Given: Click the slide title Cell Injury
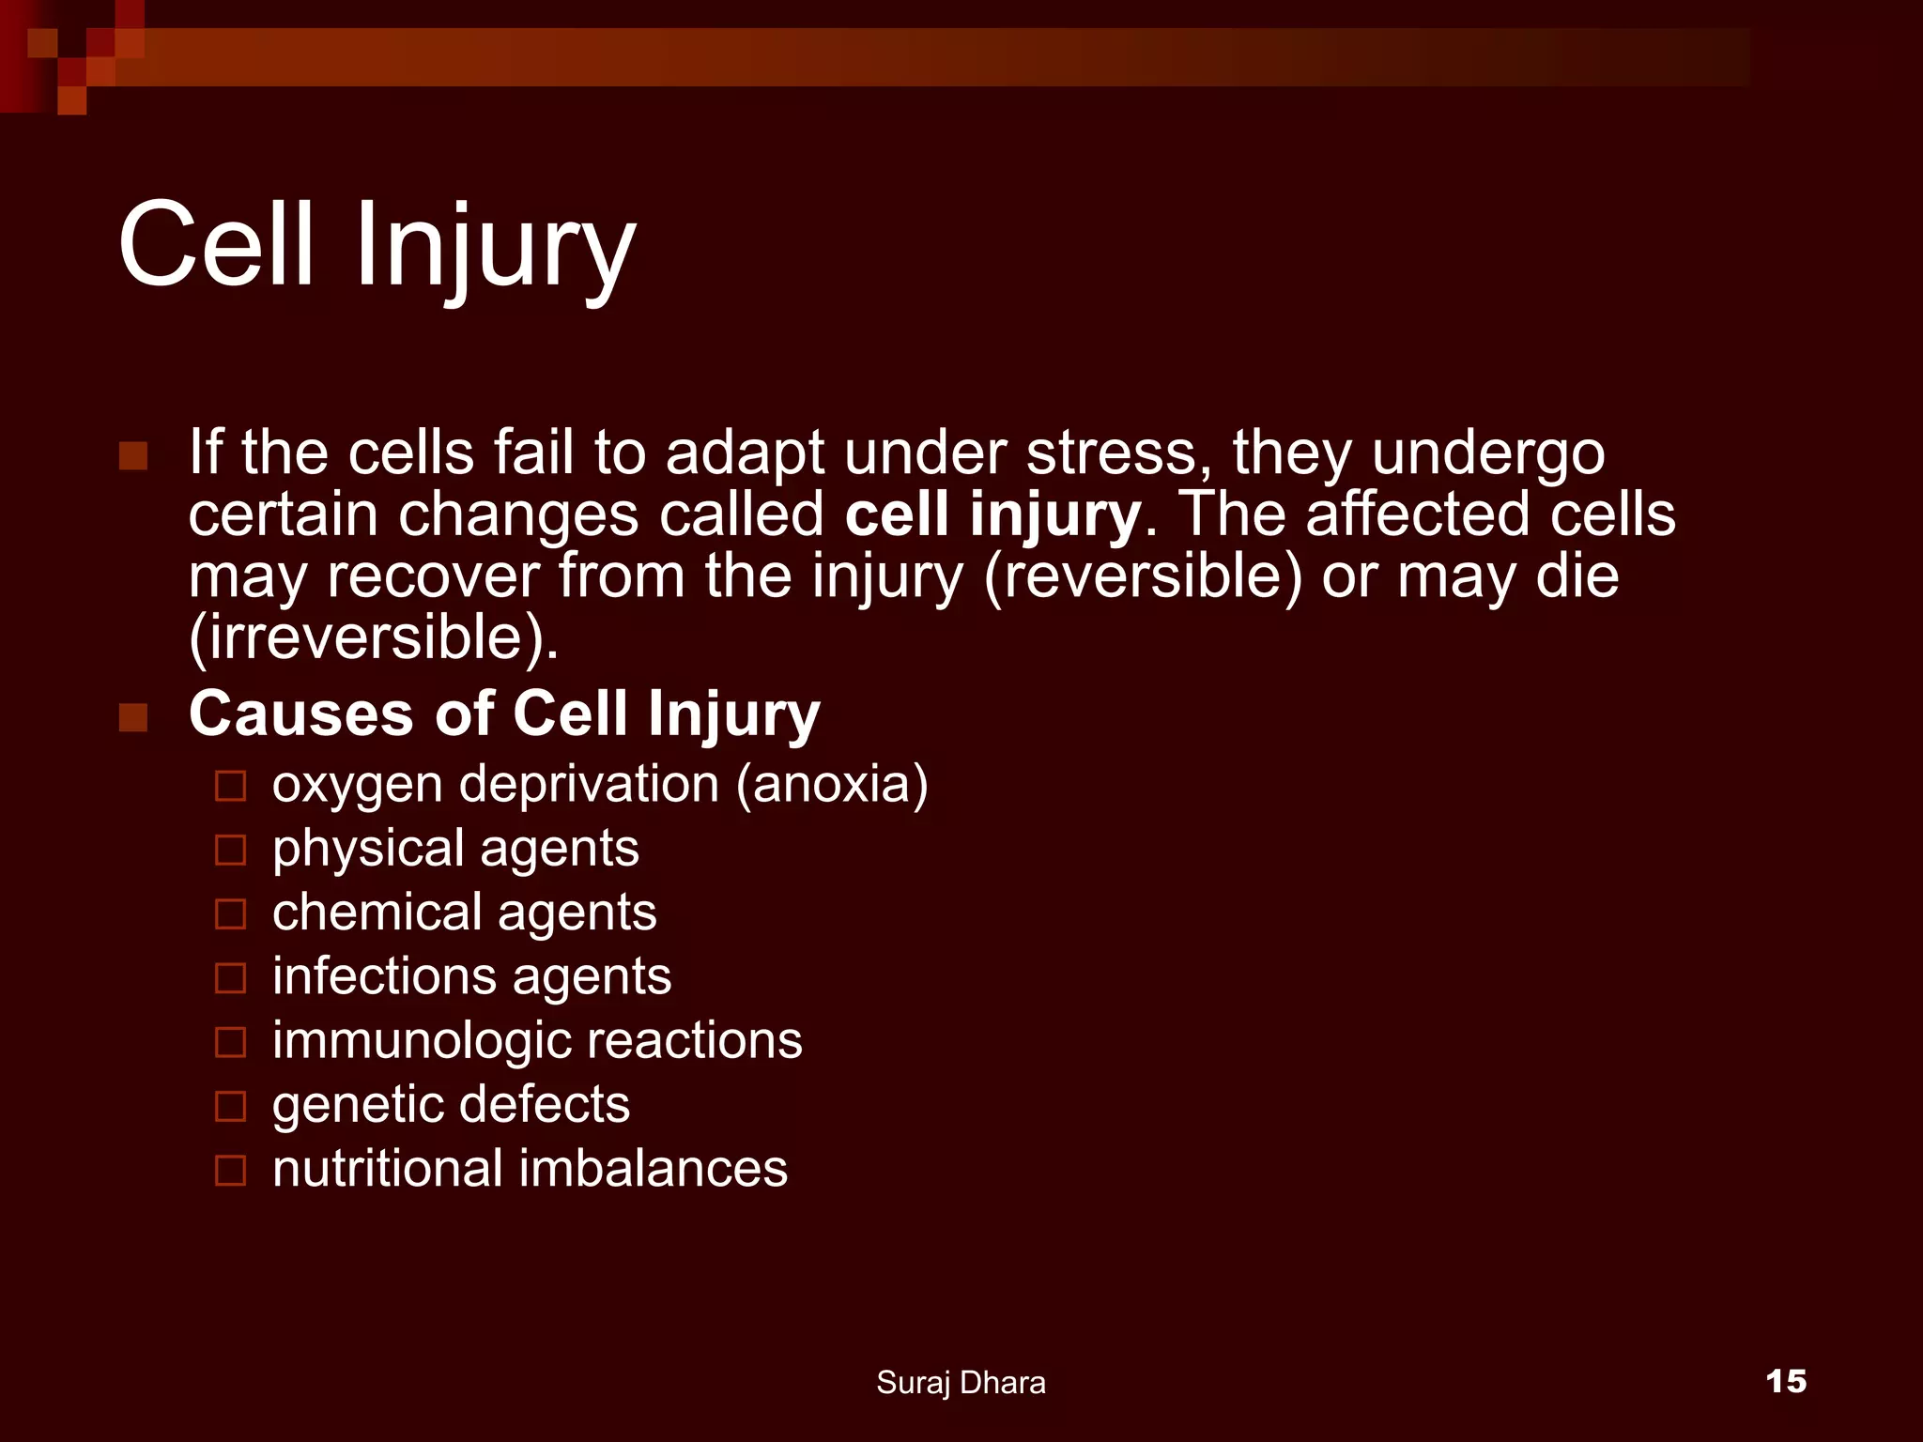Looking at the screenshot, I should pos(377,246).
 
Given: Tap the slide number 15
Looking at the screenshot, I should pos(1785,1381).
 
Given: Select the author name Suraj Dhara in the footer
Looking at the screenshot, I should pos(960,1382).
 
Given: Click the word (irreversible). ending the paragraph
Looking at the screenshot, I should pos(373,638).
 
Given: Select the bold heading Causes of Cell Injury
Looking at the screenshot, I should pos(504,713).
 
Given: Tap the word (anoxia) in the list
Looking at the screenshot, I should pos(832,784).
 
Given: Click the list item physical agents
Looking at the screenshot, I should pos(455,848).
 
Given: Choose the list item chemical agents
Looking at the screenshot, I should pos(464,912).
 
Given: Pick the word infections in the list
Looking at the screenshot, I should pos(383,975).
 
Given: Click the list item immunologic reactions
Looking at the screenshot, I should pos(537,1040).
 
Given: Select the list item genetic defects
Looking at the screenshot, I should pos(451,1104).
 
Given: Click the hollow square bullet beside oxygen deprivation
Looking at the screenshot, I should pos(230,786).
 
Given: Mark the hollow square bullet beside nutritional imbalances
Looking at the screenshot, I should pos(230,1171).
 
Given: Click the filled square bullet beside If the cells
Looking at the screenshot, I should pos(133,456).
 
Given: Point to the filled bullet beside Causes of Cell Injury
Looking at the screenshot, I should pos(133,717).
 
